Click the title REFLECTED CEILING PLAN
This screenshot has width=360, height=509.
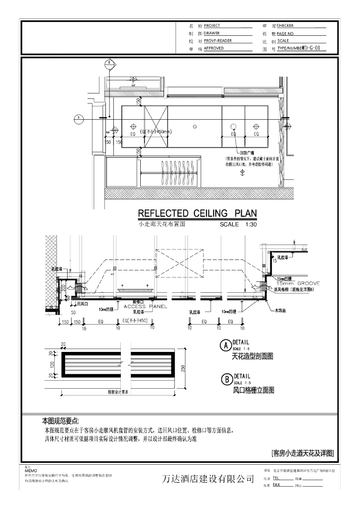click(197, 213)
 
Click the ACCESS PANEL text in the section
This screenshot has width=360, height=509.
click(145, 307)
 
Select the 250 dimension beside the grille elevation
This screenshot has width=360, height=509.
click(182, 368)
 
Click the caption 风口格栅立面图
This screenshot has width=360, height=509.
click(254, 391)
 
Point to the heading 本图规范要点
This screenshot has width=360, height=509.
click(60, 421)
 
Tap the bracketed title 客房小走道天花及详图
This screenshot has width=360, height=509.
click(302, 453)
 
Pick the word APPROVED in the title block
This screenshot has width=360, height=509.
click(214, 49)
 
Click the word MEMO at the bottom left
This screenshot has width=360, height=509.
click(31, 470)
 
